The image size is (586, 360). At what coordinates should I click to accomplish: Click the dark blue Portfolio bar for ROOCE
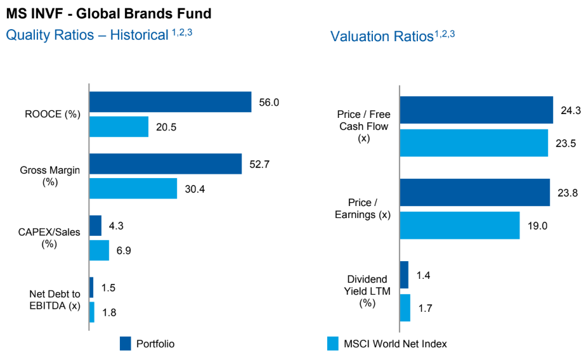pyautogui.click(x=170, y=102)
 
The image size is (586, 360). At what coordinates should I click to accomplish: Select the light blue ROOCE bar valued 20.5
pyautogui.click(x=119, y=127)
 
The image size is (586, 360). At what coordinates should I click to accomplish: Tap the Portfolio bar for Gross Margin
pyautogui.click(x=165, y=164)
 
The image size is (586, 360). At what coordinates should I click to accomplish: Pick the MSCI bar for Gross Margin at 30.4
pyautogui.click(x=133, y=188)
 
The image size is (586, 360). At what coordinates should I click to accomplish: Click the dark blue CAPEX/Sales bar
pyautogui.click(x=95, y=226)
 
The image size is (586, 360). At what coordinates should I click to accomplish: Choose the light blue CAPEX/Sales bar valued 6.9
pyautogui.click(x=99, y=250)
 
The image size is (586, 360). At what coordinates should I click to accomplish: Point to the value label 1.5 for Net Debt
pyautogui.click(x=108, y=287)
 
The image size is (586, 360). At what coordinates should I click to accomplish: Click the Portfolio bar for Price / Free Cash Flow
pyautogui.click(x=476, y=110)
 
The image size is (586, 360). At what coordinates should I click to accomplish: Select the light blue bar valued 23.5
pyautogui.click(x=473, y=143)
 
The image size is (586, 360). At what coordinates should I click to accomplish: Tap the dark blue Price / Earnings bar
pyautogui.click(x=474, y=193)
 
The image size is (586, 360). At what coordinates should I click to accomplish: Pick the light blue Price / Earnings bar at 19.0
pyautogui.click(x=459, y=225)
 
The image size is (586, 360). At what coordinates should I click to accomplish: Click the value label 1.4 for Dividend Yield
pyautogui.click(x=424, y=275)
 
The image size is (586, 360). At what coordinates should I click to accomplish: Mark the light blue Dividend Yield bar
pyautogui.click(x=405, y=307)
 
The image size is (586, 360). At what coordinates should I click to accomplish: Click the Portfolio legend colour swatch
pyautogui.click(x=126, y=344)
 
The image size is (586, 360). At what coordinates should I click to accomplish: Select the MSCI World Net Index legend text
pyautogui.click(x=395, y=344)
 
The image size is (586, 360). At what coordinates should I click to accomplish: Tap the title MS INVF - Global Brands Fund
pyautogui.click(x=108, y=13)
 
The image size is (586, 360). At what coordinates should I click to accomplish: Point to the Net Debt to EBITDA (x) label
pyautogui.click(x=55, y=300)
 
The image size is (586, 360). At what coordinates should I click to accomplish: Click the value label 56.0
pyautogui.click(x=269, y=102)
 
